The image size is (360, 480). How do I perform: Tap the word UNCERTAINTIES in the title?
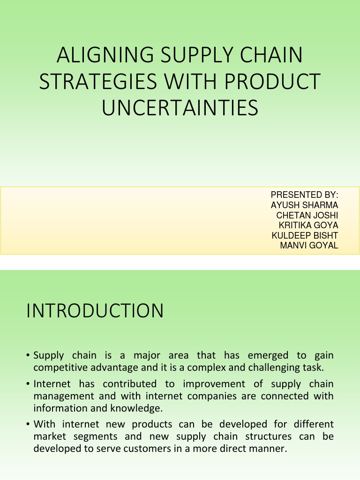[180, 107]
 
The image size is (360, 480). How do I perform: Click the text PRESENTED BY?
[305, 195]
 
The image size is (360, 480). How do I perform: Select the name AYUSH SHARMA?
[305, 205]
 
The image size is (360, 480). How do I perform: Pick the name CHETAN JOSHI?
[307, 215]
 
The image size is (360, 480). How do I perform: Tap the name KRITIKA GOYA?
[308, 225]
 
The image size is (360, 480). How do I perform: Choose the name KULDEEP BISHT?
[305, 235]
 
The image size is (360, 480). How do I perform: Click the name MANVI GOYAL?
[309, 245]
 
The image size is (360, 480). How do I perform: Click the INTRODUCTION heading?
[95, 311]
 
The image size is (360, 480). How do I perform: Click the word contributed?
[129, 384]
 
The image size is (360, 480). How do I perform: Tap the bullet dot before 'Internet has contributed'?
[29, 384]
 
